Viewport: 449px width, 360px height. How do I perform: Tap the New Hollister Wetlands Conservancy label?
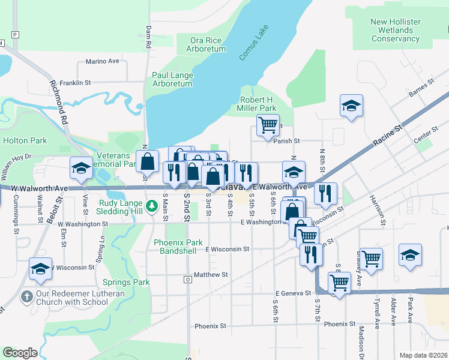point(395,30)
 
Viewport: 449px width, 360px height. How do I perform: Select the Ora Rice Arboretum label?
point(207,44)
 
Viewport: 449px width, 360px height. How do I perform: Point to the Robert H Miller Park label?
point(258,104)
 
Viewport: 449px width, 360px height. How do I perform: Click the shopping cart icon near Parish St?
point(268,125)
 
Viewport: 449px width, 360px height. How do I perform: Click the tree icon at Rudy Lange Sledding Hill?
point(152,206)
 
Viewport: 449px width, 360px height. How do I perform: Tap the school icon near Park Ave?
point(410,254)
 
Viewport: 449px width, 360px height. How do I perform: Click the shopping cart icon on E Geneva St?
point(339,282)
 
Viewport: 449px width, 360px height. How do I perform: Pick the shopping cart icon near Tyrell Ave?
point(372,259)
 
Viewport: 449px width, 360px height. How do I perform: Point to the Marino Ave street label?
point(103,61)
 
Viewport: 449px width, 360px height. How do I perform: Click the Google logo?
point(20,352)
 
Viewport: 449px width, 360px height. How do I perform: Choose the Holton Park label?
point(25,140)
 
